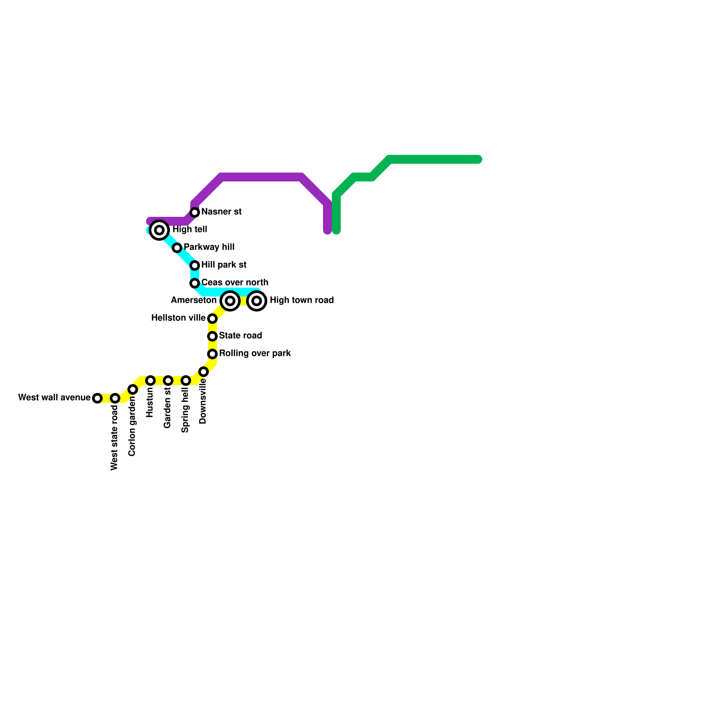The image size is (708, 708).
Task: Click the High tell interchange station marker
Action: (159, 230)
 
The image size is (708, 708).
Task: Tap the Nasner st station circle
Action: (195, 212)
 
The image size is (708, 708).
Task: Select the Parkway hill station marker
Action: (177, 248)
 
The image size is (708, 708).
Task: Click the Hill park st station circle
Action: (195, 265)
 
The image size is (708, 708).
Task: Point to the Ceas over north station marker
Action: (195, 283)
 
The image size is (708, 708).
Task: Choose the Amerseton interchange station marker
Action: (230, 301)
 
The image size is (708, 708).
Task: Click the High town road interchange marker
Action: (257, 301)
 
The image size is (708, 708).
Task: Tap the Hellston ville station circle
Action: (212, 319)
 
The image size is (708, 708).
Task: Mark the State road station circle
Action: (212, 336)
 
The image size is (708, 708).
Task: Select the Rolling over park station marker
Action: (212, 354)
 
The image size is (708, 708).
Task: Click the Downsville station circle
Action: (204, 372)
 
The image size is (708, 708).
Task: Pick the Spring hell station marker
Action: (186, 381)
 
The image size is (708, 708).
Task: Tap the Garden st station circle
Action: (168, 381)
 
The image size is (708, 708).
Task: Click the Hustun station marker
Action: (150, 381)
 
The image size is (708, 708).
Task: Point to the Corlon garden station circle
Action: (133, 389)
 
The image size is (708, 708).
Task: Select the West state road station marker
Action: (115, 398)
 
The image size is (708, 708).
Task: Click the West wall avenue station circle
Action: (97, 398)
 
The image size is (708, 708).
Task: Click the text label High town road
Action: (302, 300)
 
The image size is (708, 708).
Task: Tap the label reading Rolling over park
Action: (255, 354)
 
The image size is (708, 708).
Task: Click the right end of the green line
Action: (478, 159)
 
